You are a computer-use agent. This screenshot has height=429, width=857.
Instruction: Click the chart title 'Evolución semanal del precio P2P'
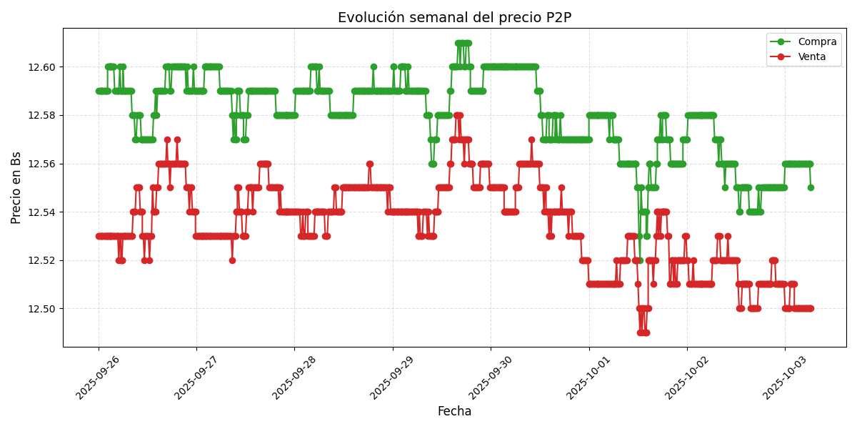pyautogui.click(x=454, y=18)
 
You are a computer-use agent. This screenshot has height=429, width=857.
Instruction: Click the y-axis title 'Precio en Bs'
pyautogui.click(x=16, y=187)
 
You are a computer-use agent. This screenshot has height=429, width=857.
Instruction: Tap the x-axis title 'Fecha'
pyautogui.click(x=454, y=412)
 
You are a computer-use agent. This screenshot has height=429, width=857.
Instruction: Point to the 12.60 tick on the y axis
pyautogui.click(x=41, y=67)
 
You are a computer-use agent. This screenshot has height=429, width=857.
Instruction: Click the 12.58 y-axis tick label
pyautogui.click(x=41, y=115)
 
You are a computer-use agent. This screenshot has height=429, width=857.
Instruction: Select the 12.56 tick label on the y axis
pyautogui.click(x=41, y=164)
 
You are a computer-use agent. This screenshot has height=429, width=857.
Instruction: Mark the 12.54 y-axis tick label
pyautogui.click(x=41, y=212)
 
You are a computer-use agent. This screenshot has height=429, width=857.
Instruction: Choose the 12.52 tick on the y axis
pyautogui.click(x=41, y=260)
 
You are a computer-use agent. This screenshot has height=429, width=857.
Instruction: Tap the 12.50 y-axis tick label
pyautogui.click(x=41, y=309)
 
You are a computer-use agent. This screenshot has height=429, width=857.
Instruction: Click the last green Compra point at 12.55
pyautogui.click(x=811, y=187)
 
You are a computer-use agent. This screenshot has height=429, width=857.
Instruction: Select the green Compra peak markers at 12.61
pyautogui.click(x=463, y=43)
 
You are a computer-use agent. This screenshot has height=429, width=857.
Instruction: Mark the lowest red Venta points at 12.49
pyautogui.click(x=643, y=332)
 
